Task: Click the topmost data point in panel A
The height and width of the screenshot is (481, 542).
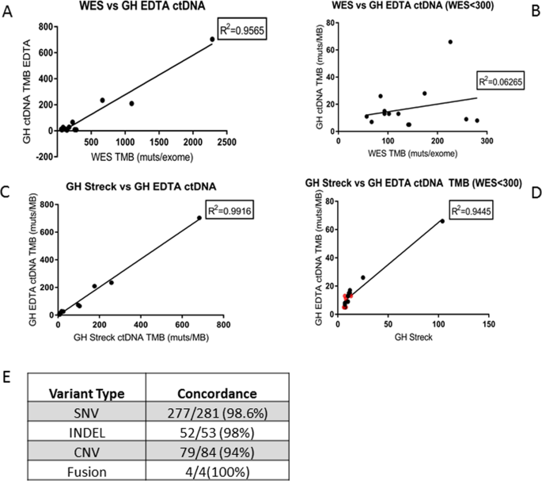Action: coord(212,39)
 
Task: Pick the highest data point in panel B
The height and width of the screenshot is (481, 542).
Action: coord(450,42)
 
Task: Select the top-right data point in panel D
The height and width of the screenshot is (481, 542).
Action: coord(442,221)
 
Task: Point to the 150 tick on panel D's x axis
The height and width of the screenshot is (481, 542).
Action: coord(488,325)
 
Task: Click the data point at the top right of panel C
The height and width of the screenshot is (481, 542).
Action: coord(199,218)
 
